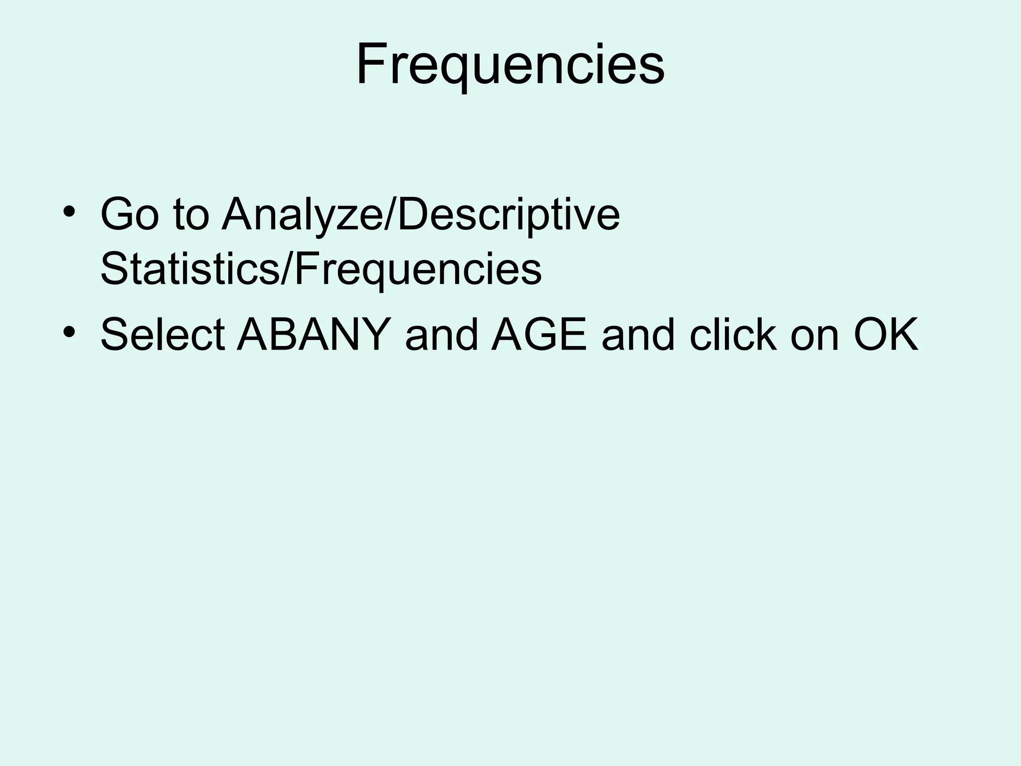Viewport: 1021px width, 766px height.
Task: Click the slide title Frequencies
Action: click(x=510, y=65)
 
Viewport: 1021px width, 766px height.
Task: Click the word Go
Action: click(x=129, y=215)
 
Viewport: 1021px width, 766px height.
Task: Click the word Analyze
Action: click(x=302, y=215)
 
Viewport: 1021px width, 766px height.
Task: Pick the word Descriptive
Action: click(x=509, y=215)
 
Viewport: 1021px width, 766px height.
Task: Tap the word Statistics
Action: click(x=188, y=269)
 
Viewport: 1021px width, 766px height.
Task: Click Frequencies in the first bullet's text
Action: click(x=418, y=269)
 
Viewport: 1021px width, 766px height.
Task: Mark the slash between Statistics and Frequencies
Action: click(x=286, y=269)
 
